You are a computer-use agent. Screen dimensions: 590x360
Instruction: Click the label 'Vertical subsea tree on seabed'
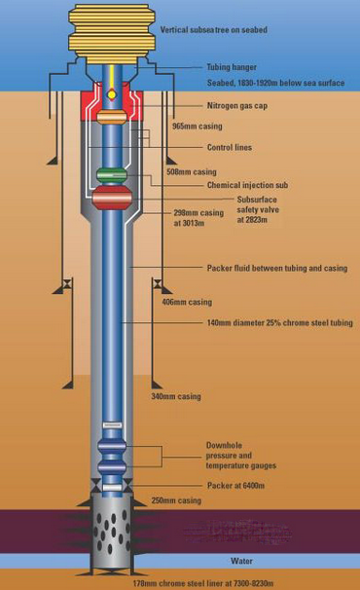point(213,30)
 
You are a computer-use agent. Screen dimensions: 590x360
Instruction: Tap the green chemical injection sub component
point(112,175)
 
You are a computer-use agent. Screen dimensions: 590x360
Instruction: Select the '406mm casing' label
point(186,302)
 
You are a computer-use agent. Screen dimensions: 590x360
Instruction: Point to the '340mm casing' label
point(176,396)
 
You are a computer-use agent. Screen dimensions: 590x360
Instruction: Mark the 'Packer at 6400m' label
point(234,485)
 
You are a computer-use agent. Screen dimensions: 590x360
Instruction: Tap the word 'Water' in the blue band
point(241,561)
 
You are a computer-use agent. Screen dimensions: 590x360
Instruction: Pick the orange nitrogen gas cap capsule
point(112,116)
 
